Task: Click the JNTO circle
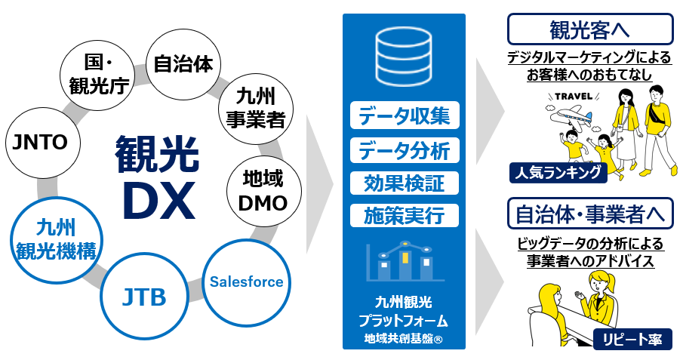(x=37, y=142)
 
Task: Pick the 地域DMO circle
(x=263, y=191)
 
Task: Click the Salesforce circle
(x=246, y=282)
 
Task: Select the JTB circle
(x=144, y=296)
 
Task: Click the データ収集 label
(x=404, y=115)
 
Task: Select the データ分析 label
(x=404, y=149)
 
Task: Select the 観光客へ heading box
(x=589, y=29)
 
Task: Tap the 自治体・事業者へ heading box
(x=589, y=214)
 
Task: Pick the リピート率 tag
(x=632, y=340)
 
